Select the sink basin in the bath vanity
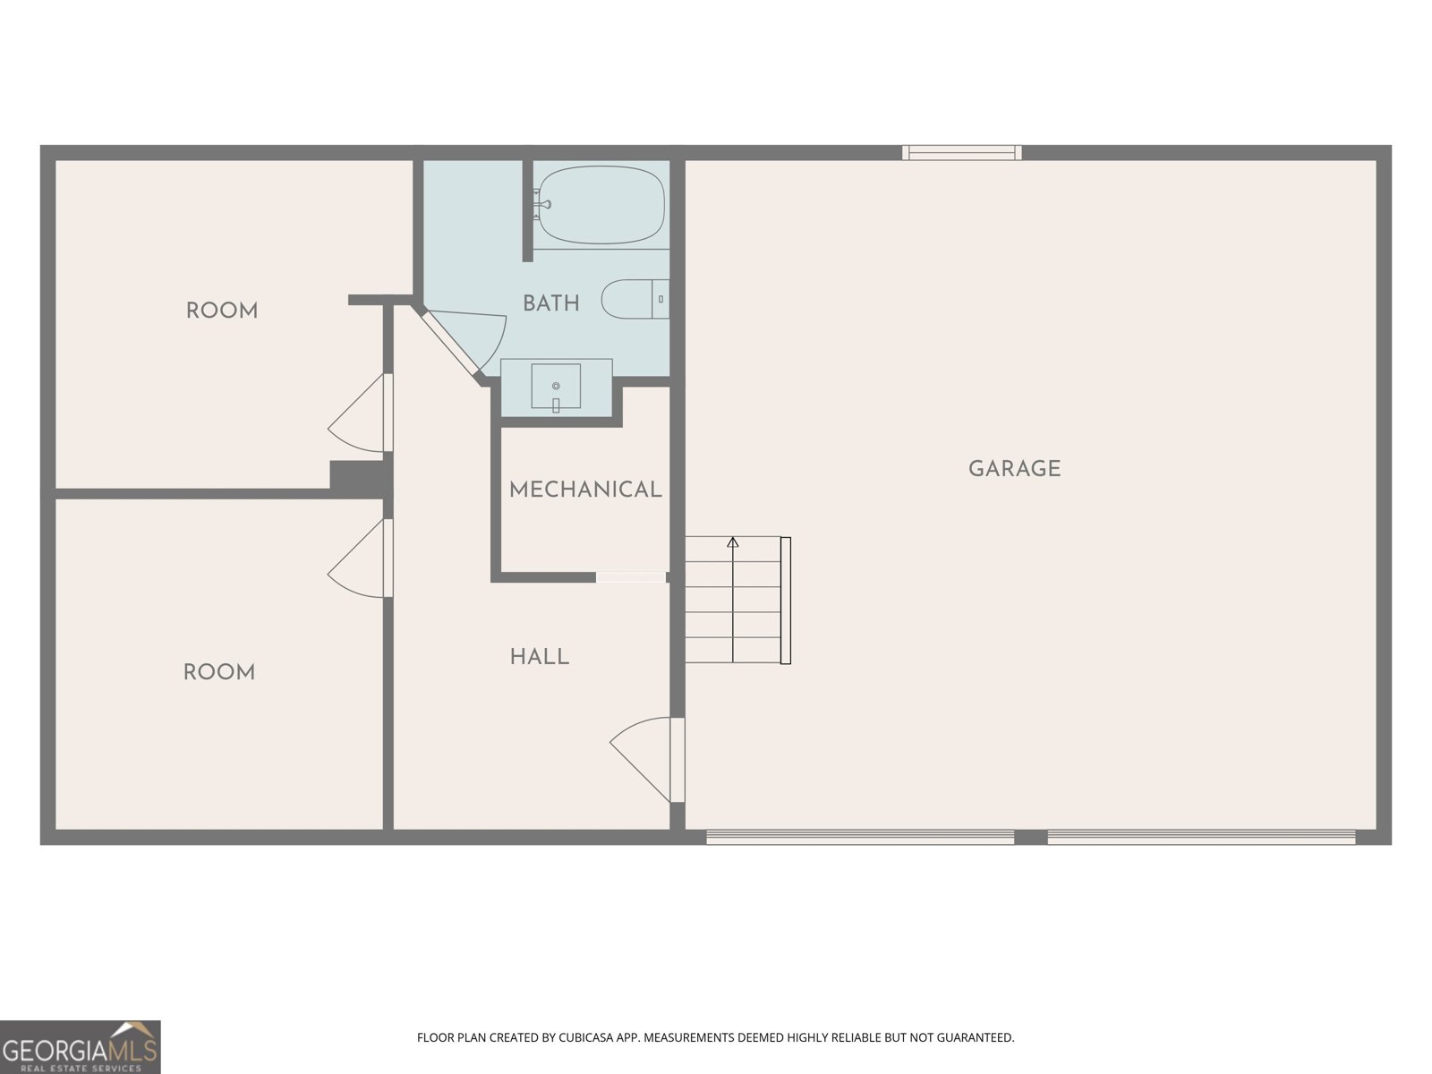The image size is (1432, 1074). tap(556, 386)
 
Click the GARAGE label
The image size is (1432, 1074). tap(1014, 469)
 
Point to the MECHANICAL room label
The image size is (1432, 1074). tap(585, 490)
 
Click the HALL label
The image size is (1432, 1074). tap(539, 657)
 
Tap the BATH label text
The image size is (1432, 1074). tap(550, 303)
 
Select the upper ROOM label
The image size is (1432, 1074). tap(222, 311)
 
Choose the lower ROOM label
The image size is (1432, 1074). tap(219, 673)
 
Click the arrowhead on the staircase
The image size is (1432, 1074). tap(733, 541)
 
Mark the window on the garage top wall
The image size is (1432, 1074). tap(961, 153)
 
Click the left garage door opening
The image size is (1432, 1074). tap(860, 838)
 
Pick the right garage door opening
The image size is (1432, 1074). tap(1201, 838)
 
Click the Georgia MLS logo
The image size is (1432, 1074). tap(80, 1046)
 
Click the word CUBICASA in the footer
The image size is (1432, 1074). tap(587, 1038)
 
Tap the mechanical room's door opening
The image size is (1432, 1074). tap(631, 577)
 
